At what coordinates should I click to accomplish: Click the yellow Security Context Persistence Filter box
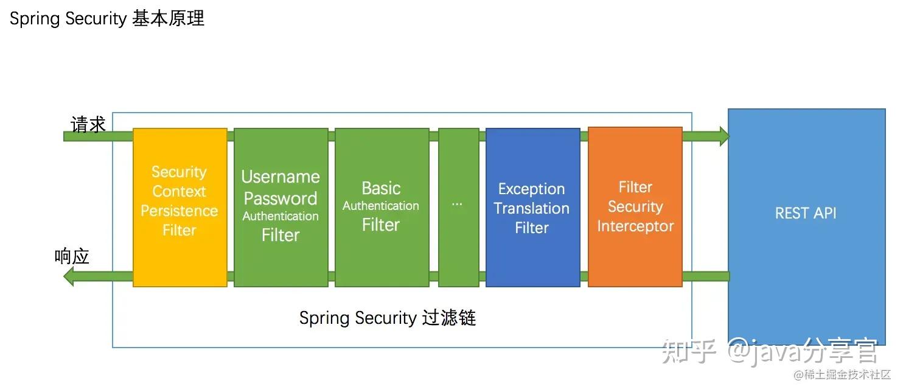tap(180, 207)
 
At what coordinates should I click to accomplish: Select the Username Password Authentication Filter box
tap(281, 207)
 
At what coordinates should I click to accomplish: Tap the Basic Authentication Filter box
tap(382, 207)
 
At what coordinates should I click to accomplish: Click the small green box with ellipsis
tap(458, 207)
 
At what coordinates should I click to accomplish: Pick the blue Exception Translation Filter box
tap(532, 207)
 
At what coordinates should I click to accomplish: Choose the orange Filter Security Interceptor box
tap(635, 207)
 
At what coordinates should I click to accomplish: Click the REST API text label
tap(806, 213)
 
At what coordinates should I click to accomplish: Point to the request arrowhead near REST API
tap(723, 136)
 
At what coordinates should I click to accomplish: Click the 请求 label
tap(88, 125)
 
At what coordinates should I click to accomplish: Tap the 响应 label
tap(72, 257)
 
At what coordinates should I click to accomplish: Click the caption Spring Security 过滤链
tap(387, 318)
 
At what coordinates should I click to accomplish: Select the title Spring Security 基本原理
tap(107, 19)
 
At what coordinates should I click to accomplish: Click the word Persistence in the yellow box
tap(180, 211)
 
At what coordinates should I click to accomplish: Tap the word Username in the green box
tap(281, 177)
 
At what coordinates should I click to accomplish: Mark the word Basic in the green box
tap(382, 188)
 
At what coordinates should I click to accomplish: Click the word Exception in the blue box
tap(532, 189)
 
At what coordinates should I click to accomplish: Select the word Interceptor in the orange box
tap(635, 226)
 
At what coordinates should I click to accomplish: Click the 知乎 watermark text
tap(689, 351)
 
